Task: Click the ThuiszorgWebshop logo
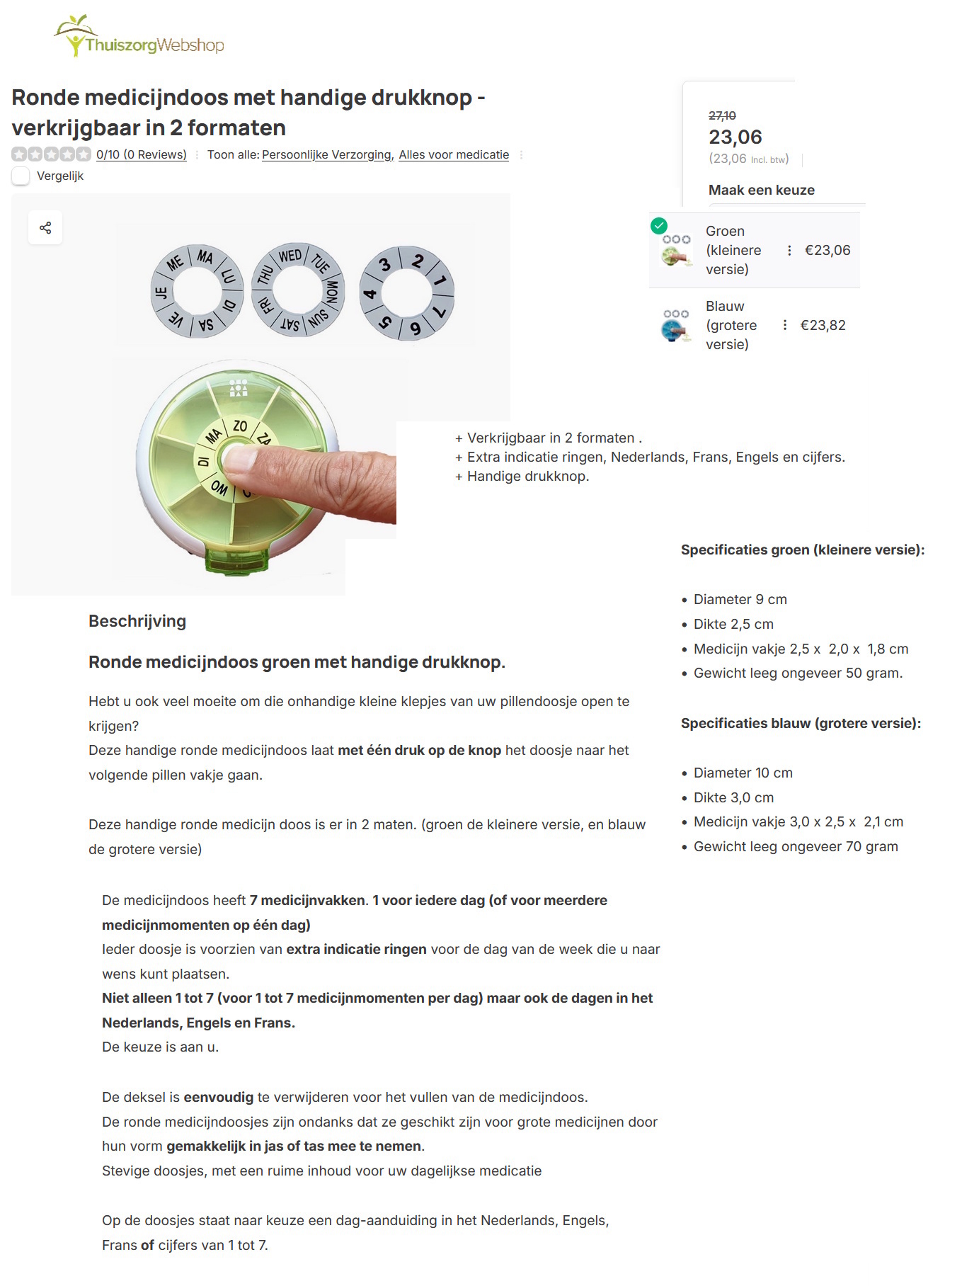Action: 139,37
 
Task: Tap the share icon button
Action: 45,228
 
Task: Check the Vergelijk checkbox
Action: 21,176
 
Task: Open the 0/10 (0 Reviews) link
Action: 142,154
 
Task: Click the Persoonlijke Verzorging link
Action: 327,154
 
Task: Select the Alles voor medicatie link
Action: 454,154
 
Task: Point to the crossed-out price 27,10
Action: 722,115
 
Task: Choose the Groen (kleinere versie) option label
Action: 733,250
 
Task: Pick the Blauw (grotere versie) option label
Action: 731,325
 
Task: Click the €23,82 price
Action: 823,325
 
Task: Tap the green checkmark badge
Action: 659,226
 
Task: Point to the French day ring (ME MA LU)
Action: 197,291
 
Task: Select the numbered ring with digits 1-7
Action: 406,293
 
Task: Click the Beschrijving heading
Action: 137,621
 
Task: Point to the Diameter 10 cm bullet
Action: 743,773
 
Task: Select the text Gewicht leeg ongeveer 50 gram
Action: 798,673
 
